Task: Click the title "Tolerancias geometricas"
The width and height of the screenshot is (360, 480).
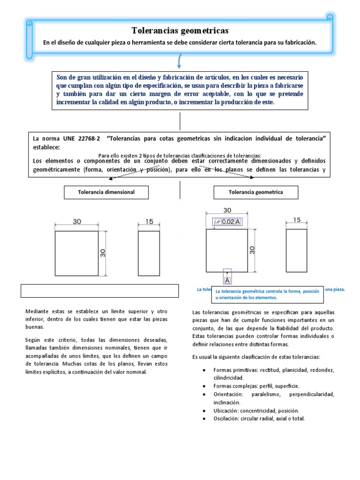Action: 180,31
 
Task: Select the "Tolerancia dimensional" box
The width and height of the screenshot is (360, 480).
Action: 106,192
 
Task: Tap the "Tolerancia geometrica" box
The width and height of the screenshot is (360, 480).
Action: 255,192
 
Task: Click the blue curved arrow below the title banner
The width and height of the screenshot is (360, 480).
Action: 180,62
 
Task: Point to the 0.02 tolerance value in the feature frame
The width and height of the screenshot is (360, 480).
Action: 228,222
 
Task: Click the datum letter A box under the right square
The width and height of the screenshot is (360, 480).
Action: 228,280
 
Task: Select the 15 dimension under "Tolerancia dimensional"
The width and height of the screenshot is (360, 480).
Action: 149,222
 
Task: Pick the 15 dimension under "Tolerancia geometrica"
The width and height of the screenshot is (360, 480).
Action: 297,220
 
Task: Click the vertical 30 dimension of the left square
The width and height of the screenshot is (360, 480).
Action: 102,253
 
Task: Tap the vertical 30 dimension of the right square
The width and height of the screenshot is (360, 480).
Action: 252,250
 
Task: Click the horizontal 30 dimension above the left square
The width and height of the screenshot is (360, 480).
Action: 76,222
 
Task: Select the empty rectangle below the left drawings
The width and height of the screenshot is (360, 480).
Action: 100,291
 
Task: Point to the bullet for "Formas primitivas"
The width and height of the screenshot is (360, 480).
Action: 204,370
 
